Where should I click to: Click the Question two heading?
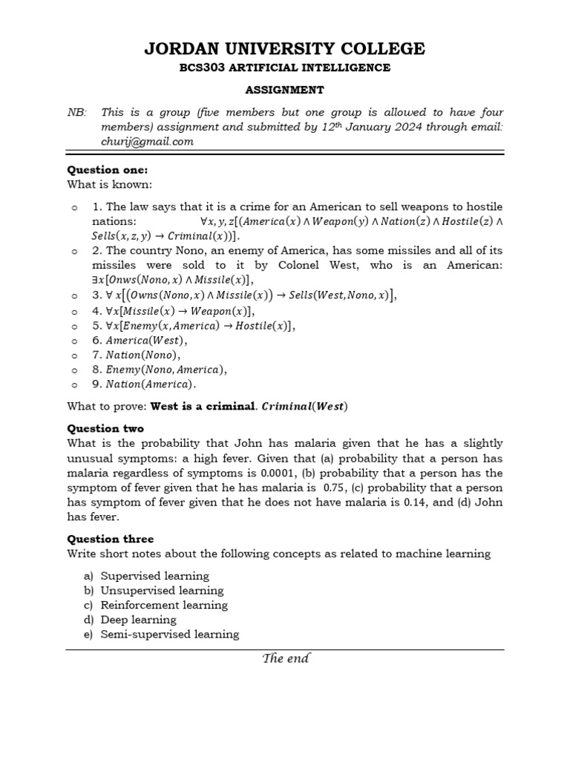click(x=105, y=428)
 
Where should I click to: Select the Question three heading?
click(x=111, y=539)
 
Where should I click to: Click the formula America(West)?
click(x=146, y=340)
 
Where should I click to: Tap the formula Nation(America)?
click(x=151, y=384)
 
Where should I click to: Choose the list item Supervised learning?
click(x=154, y=576)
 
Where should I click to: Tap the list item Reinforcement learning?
click(x=164, y=605)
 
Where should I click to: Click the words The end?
click(x=286, y=658)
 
